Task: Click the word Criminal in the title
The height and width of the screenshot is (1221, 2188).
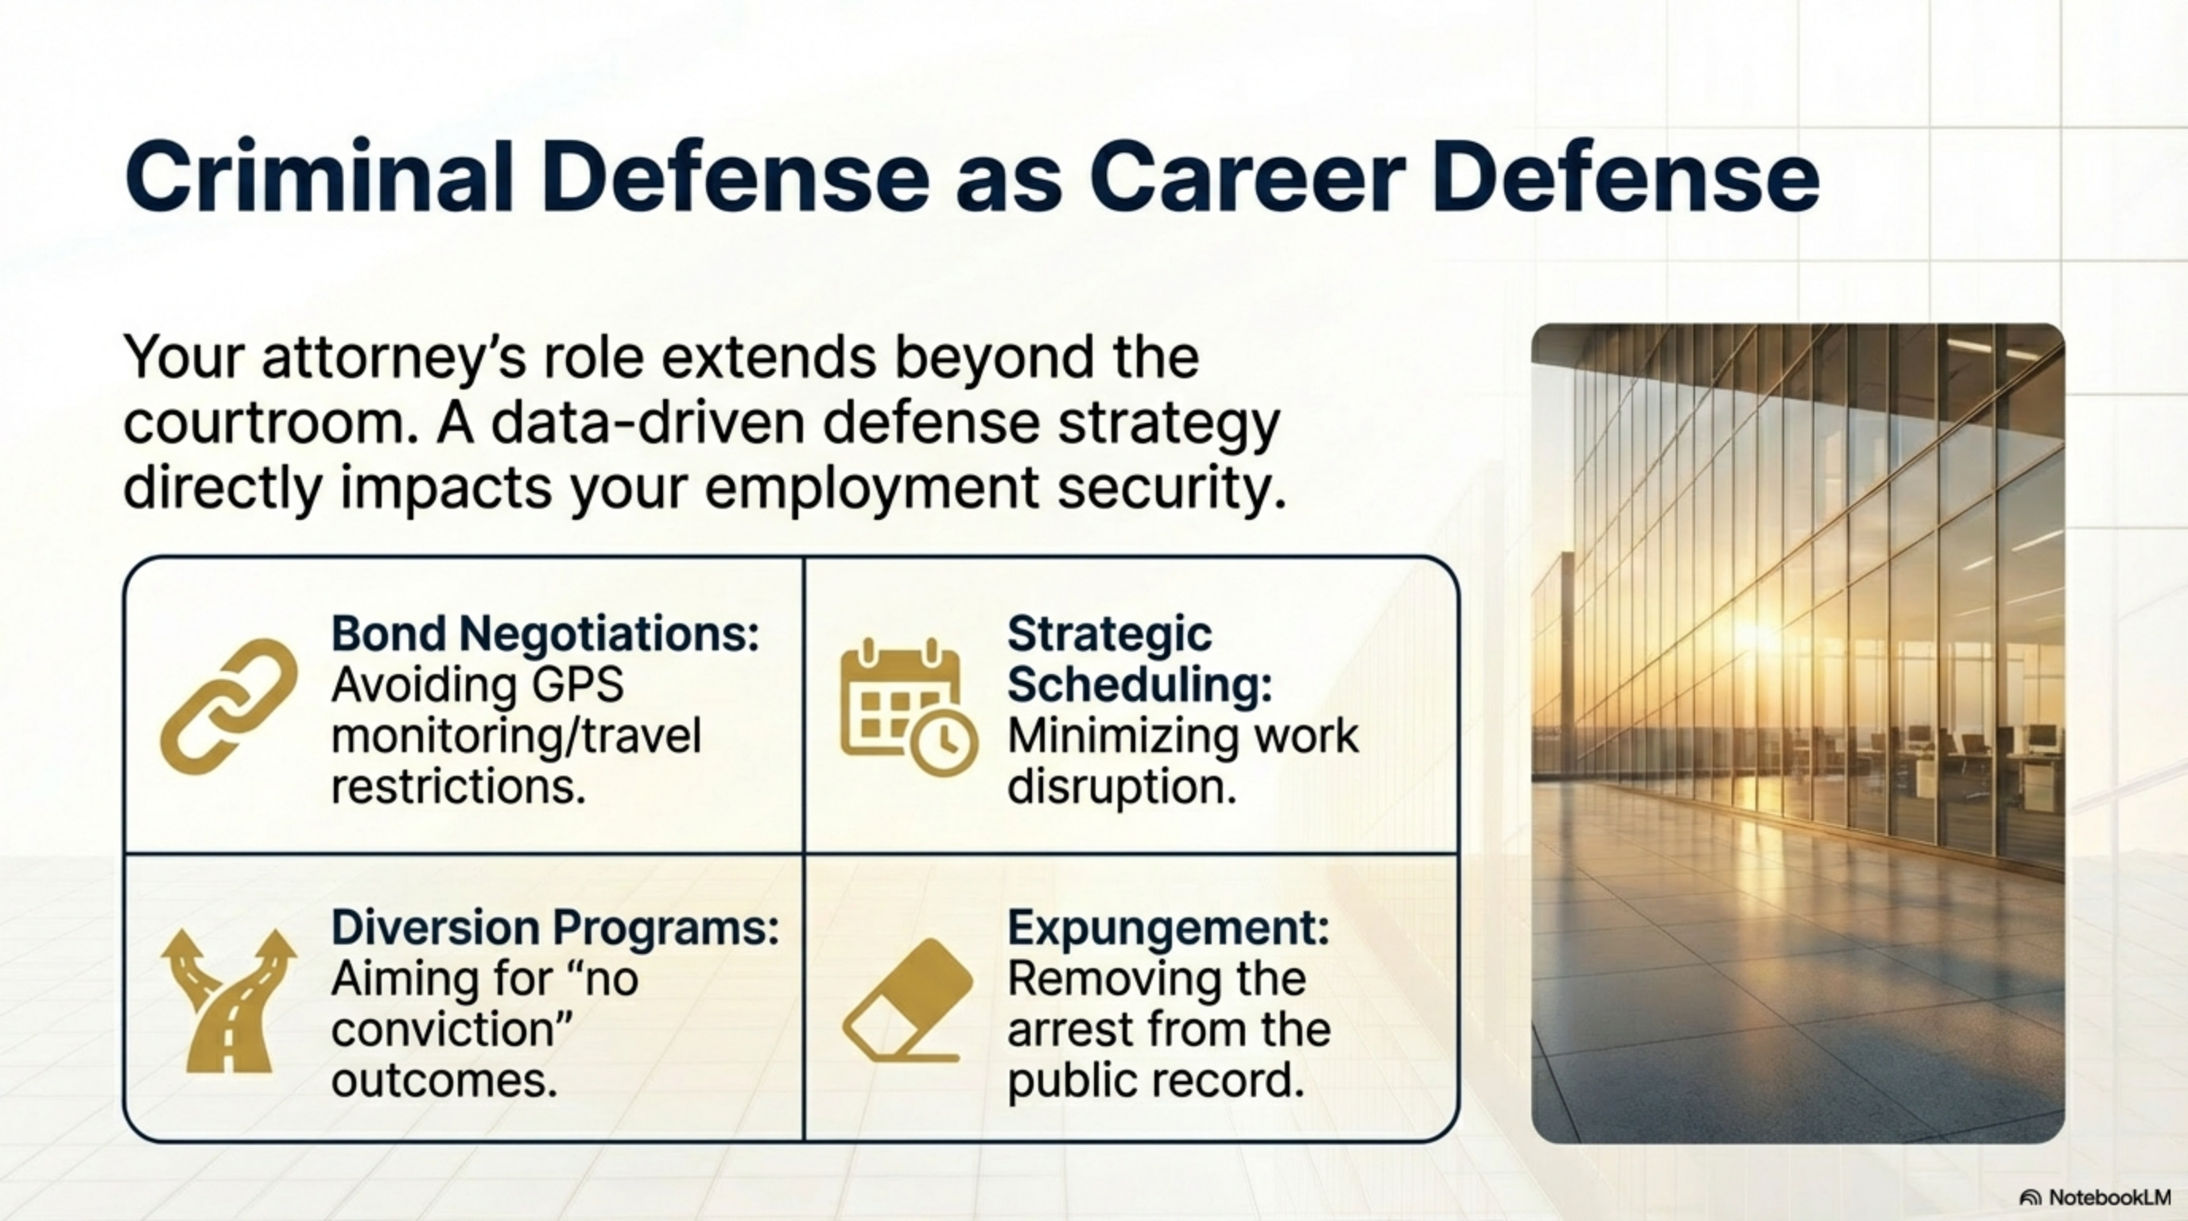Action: [320, 177]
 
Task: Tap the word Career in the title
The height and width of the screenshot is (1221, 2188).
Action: [1243, 177]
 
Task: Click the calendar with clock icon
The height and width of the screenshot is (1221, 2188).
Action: [907, 707]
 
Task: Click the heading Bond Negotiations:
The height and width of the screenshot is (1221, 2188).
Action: [545, 634]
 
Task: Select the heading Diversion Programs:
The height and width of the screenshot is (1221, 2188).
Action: [555, 927]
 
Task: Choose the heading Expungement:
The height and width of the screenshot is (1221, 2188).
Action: [1168, 927]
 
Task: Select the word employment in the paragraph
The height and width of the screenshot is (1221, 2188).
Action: [871, 488]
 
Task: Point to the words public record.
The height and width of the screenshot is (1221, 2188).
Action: [1154, 1080]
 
